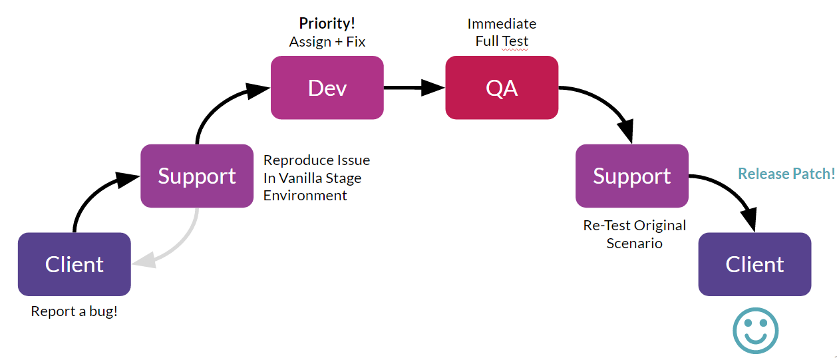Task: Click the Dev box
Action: pyautogui.click(x=327, y=88)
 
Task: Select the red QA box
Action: pyautogui.click(x=502, y=88)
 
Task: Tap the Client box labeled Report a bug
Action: pyautogui.click(x=75, y=264)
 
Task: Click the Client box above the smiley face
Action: pyautogui.click(x=754, y=264)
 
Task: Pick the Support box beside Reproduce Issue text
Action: pyautogui.click(x=197, y=176)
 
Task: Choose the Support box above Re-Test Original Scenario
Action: pyautogui.click(x=632, y=176)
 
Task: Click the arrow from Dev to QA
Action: pyautogui.click(x=414, y=88)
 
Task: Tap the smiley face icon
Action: pyautogui.click(x=756, y=331)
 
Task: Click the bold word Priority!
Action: pyautogui.click(x=327, y=23)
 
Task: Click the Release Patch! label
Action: pyautogui.click(x=786, y=174)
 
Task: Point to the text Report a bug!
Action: pyautogui.click(x=74, y=311)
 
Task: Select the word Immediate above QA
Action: pyautogui.click(x=502, y=24)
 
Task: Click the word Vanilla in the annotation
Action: pyautogui.click(x=303, y=178)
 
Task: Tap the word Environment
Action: pyautogui.click(x=305, y=196)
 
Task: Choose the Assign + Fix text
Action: pyautogui.click(x=327, y=41)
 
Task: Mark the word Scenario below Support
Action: pyautogui.click(x=635, y=244)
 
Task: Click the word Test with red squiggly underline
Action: pyautogui.click(x=515, y=41)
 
